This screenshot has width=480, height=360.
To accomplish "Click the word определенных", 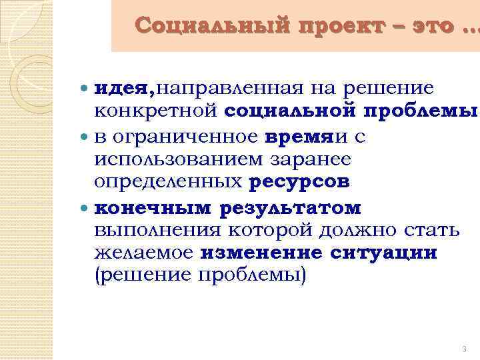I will [x=170, y=181].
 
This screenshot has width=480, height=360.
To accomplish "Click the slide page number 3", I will [x=463, y=349].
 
